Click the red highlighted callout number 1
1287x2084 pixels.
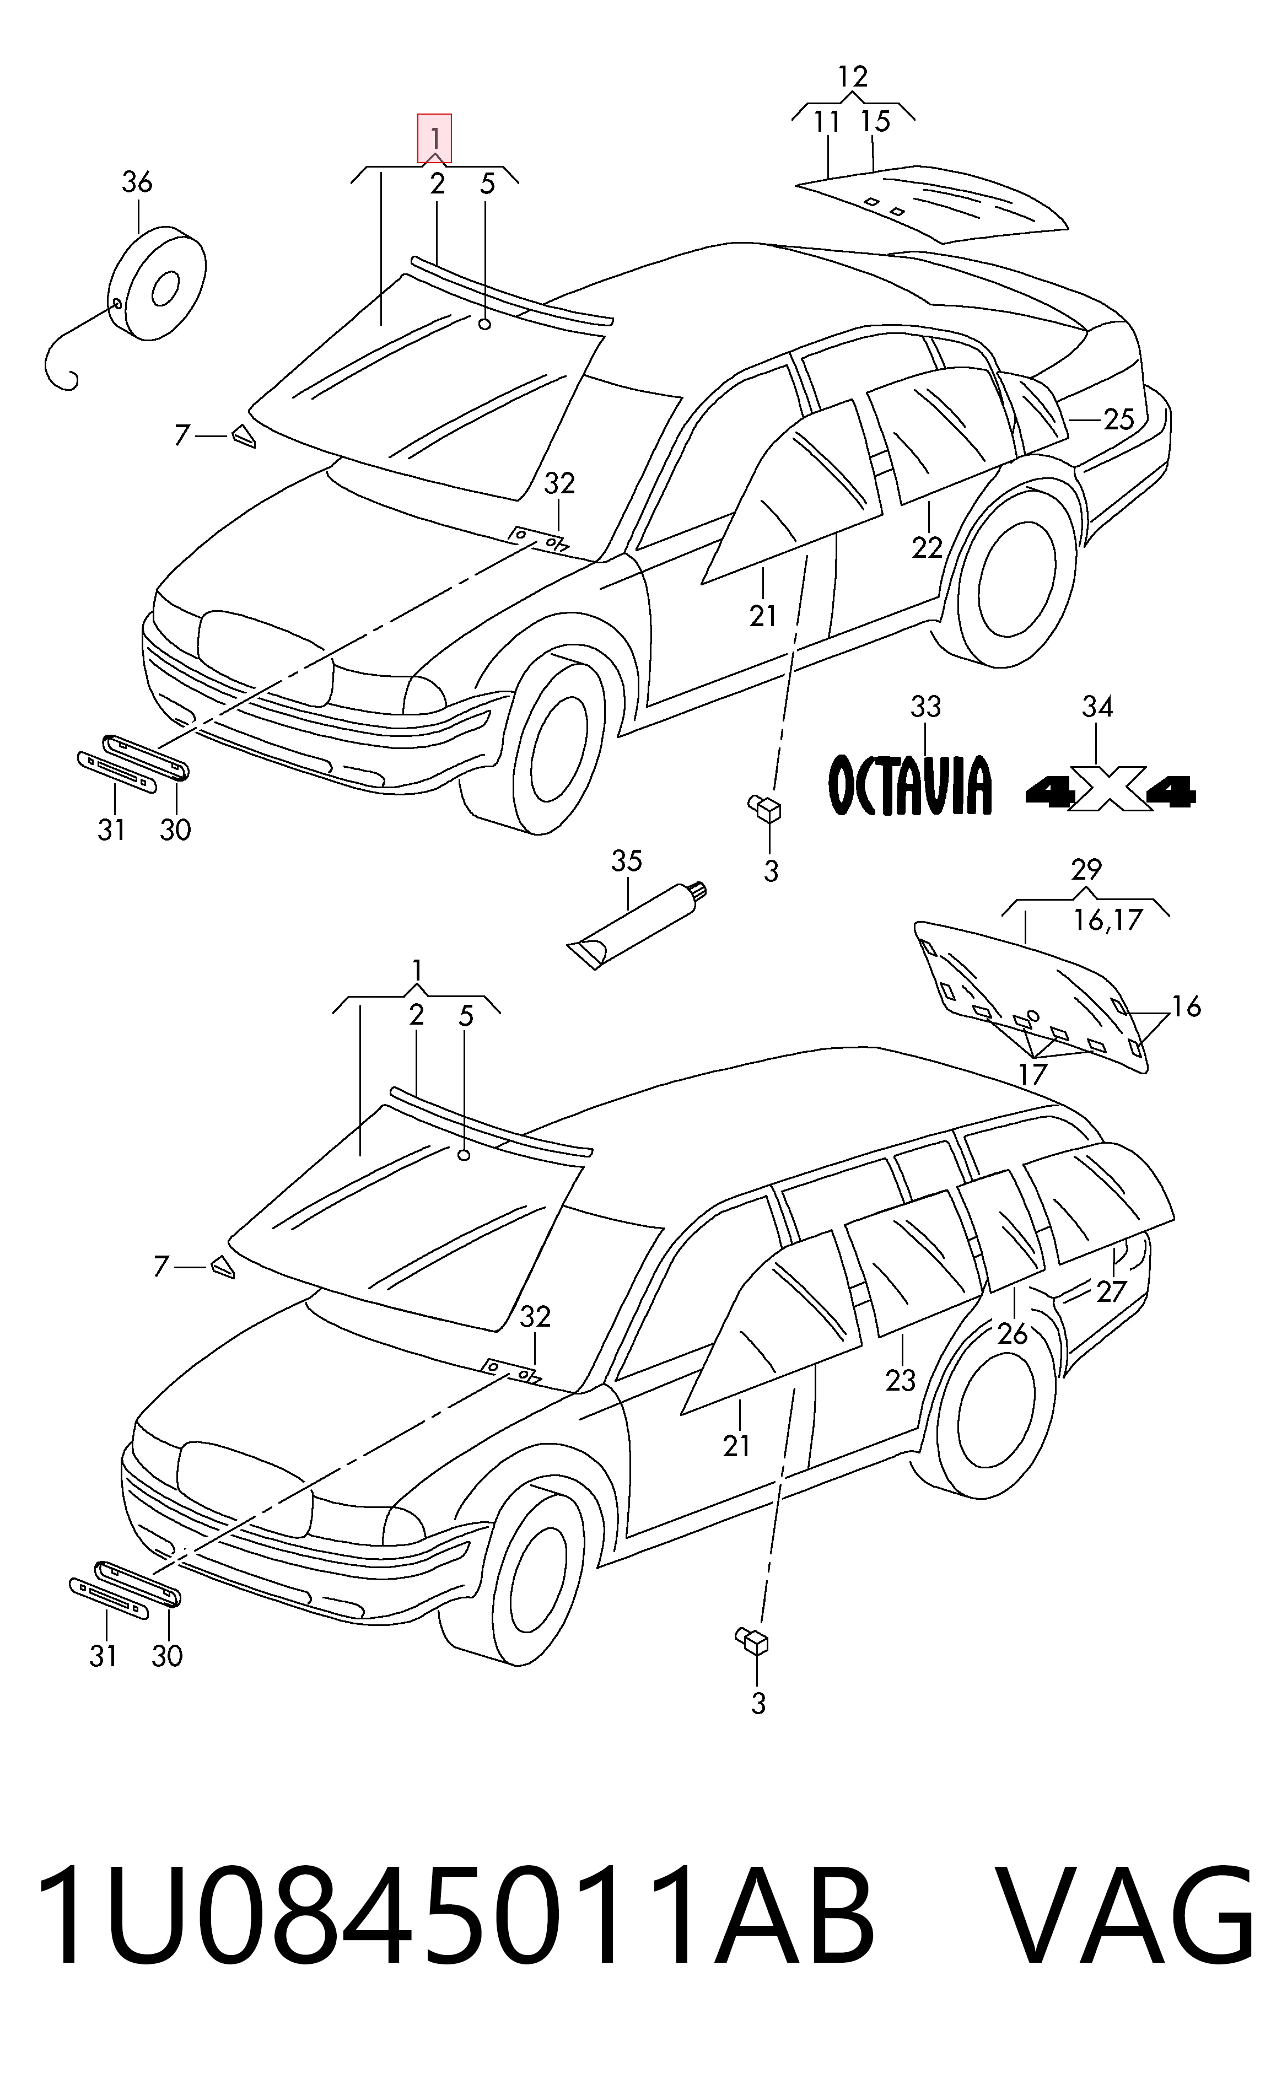pos(434,138)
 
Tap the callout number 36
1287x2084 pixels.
pos(137,182)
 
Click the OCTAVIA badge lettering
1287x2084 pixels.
pos(910,784)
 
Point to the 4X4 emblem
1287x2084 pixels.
pos(1111,789)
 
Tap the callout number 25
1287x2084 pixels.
pos(1119,419)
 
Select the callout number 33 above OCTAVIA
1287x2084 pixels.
pos(926,706)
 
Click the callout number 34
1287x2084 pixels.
pos(1097,706)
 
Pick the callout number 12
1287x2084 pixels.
pos(853,77)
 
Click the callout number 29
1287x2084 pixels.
pos(1087,870)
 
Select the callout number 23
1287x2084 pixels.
pos(901,1380)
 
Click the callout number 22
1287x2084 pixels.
pos(927,548)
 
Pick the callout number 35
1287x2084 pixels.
pos(627,861)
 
